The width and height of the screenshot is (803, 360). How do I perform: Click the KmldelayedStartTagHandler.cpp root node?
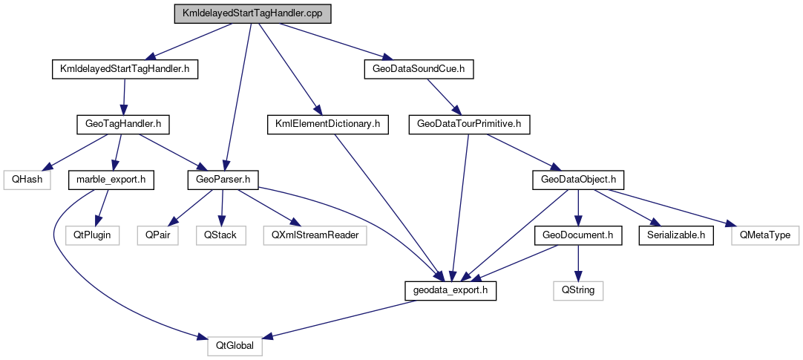[252, 14]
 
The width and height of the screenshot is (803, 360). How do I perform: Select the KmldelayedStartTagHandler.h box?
[125, 69]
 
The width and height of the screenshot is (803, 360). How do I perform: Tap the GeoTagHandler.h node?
[122, 124]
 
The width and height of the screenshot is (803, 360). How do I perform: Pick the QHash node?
[26, 179]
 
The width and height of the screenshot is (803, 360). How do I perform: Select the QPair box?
[157, 235]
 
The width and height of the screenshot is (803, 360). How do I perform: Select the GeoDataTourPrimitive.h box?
[470, 124]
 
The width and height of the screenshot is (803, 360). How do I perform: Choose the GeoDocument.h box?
[577, 235]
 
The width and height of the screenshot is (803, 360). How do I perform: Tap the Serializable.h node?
[676, 235]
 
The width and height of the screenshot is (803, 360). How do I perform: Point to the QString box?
[578, 290]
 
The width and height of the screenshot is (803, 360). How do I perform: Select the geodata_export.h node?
[450, 290]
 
